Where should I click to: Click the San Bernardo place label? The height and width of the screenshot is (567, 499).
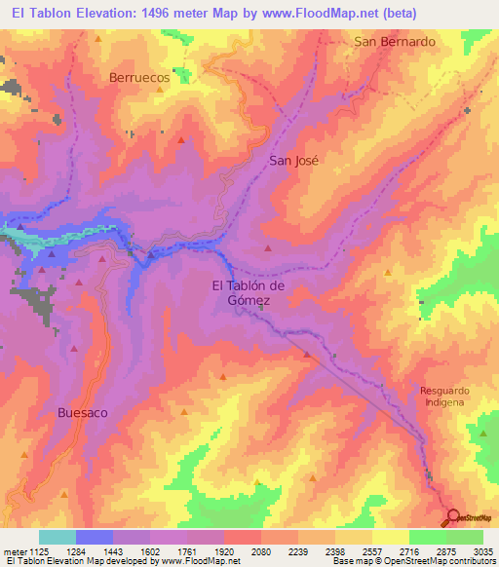click(x=394, y=42)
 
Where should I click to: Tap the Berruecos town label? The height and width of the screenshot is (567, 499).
click(x=139, y=79)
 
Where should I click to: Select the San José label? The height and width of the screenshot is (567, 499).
click(x=293, y=163)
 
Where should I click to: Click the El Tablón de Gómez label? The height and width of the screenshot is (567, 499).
click(x=249, y=293)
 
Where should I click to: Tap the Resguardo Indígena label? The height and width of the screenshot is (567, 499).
click(x=444, y=396)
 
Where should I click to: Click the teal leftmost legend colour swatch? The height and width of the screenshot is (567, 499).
click(x=58, y=537)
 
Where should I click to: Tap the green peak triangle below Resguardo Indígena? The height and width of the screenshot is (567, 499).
click(x=481, y=433)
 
